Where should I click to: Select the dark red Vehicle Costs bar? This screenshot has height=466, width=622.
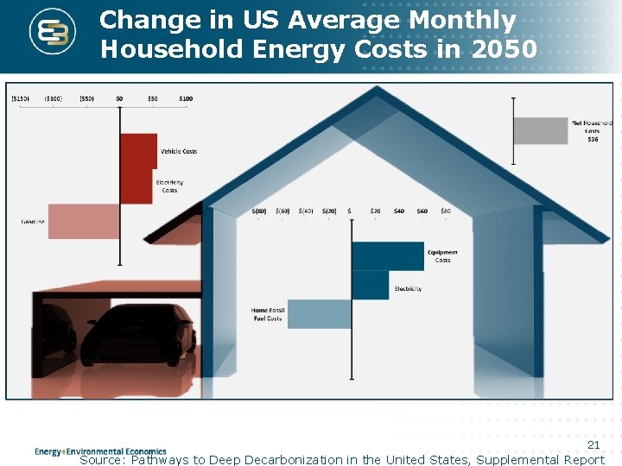138,151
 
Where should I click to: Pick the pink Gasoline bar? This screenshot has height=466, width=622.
84,222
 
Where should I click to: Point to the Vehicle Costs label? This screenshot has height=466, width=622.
179,151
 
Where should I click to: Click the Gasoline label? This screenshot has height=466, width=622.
33,222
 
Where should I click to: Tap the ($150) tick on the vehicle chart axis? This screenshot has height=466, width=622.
21,98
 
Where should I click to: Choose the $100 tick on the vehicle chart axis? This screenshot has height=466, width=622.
186,98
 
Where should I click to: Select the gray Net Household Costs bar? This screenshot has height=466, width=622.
541,131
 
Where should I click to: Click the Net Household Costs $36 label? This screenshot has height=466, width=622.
592,131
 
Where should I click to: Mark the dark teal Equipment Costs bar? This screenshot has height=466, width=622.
388,256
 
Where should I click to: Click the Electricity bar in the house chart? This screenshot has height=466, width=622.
370,286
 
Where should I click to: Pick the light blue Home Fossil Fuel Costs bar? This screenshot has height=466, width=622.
320,314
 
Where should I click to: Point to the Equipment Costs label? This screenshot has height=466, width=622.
442,256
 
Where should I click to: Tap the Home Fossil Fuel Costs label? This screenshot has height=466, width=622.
267,314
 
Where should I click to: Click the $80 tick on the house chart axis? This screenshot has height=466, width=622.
445,211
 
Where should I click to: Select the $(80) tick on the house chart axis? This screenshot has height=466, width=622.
259,211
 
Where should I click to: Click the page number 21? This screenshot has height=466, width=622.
593,444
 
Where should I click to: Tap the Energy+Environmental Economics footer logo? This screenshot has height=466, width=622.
100,451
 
